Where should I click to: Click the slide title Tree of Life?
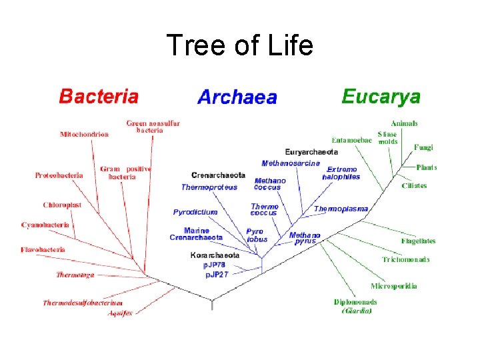click(239, 46)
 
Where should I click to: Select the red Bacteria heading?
click(99, 96)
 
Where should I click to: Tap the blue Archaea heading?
click(237, 97)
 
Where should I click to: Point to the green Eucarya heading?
click(381, 96)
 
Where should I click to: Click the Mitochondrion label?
click(84, 134)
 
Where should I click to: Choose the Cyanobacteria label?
click(45, 225)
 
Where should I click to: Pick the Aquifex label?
click(121, 312)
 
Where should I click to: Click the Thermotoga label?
click(75, 275)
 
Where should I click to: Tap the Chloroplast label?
click(62, 205)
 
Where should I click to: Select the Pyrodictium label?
click(195, 212)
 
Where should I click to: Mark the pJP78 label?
click(215, 265)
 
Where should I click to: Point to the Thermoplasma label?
click(341, 209)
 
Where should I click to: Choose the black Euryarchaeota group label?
click(311, 152)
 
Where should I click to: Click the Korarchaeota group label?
click(215, 255)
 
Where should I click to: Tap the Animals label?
click(404, 123)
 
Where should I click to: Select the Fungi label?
click(423, 147)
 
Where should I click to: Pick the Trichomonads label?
click(405, 259)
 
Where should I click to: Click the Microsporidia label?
click(393, 286)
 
